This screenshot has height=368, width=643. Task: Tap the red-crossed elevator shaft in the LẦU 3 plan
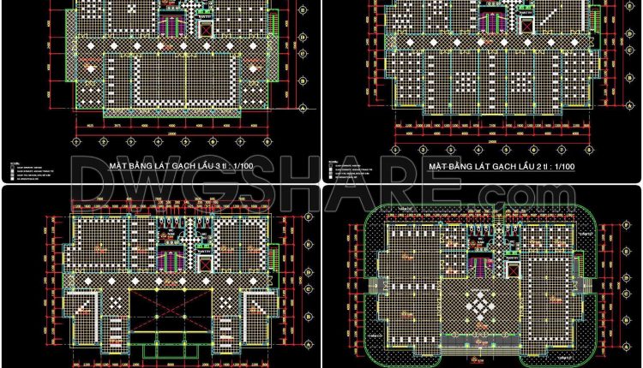pos(204,27)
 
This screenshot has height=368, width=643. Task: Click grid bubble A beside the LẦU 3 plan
pos(303,109)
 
